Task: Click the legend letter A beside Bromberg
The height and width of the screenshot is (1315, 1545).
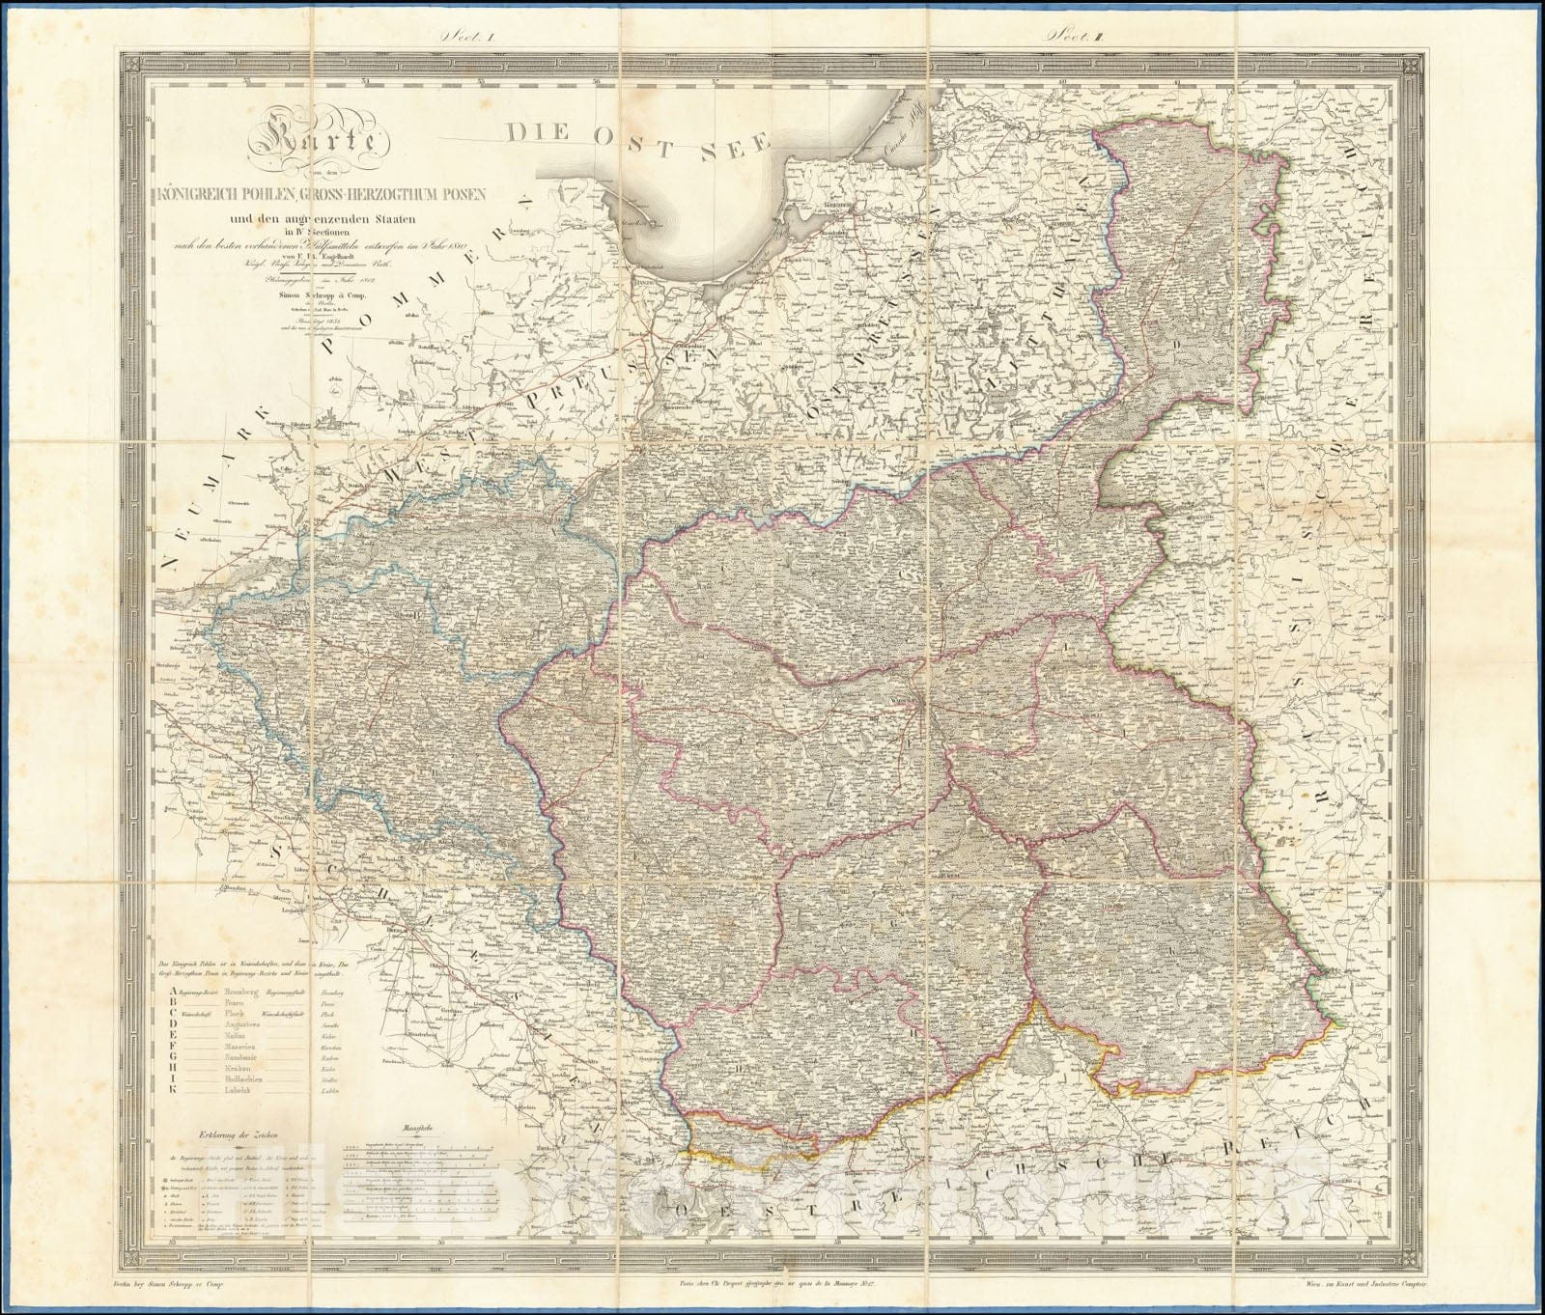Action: [172, 991]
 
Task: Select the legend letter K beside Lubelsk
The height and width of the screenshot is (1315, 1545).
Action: [172, 1090]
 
